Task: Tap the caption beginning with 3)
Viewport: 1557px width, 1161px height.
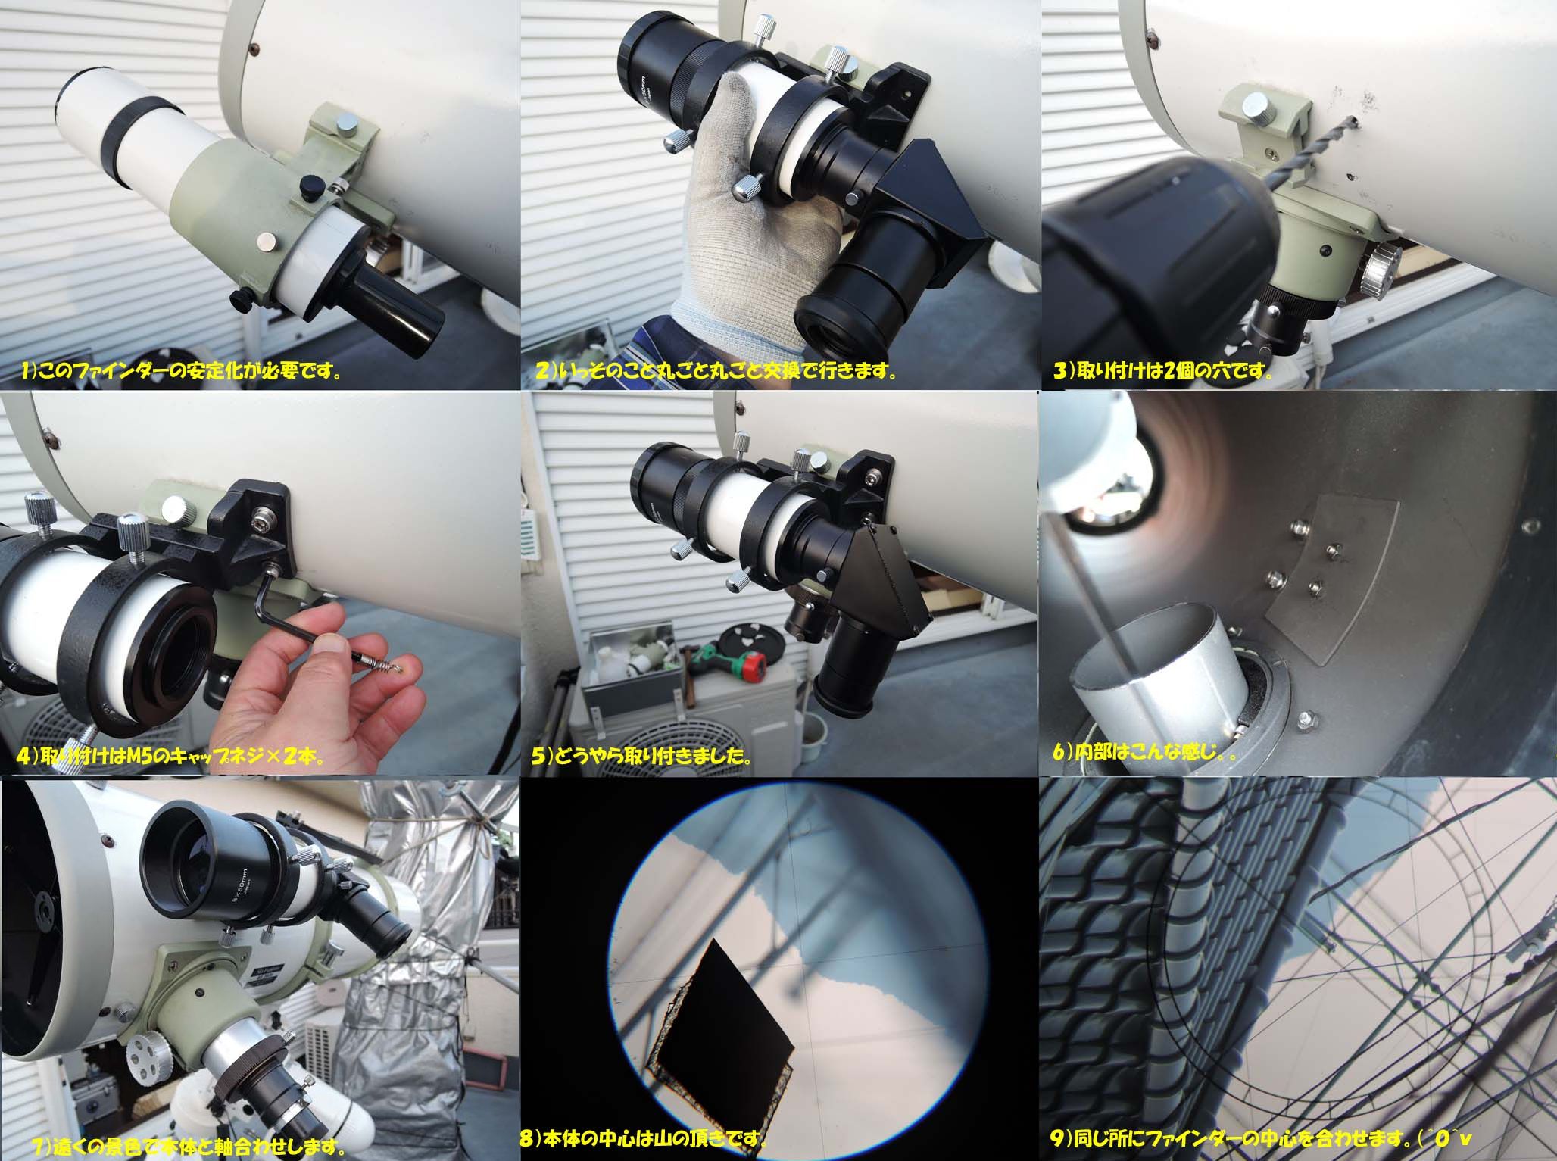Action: pyautogui.click(x=1162, y=373)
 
